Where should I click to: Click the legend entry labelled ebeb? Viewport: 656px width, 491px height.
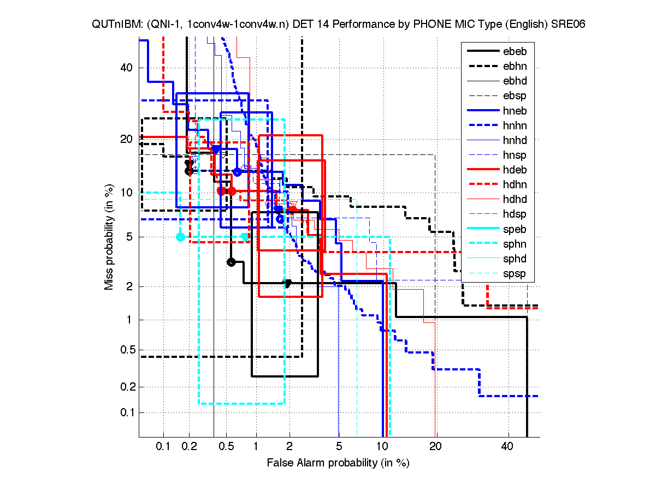pyautogui.click(x=514, y=52)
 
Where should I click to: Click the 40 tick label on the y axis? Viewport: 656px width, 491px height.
pyautogui.click(x=126, y=68)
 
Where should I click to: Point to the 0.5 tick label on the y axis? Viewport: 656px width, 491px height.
pyautogui.click(x=123, y=350)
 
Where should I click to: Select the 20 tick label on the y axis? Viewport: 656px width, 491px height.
pyautogui.click(x=126, y=139)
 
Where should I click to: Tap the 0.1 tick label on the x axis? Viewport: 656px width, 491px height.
pyautogui.click(x=163, y=447)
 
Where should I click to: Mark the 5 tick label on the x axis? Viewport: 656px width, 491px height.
pyautogui.click(x=339, y=447)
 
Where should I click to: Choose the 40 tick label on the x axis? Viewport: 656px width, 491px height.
pyautogui.click(x=507, y=447)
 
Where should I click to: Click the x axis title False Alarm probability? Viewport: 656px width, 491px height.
pyautogui.click(x=338, y=463)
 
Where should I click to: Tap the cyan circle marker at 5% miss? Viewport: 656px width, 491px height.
pyautogui.click(x=180, y=237)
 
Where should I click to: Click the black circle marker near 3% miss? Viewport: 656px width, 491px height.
pyautogui.click(x=231, y=262)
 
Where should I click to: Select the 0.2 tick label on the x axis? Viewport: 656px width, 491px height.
pyautogui.click(x=190, y=447)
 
